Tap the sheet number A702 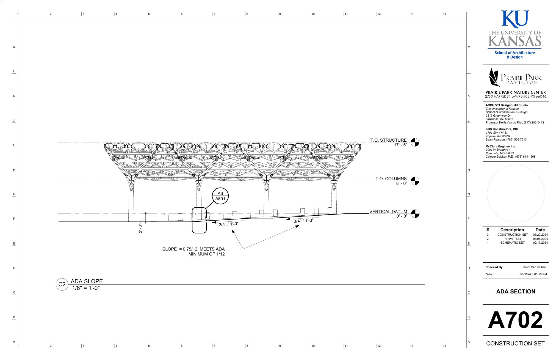tap(515, 320)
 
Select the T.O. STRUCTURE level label tap(388, 140)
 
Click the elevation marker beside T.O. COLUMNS tap(415, 181)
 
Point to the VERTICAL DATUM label tap(388, 212)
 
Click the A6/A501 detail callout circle tap(220, 196)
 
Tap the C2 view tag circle tap(62, 284)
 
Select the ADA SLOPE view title tap(87, 281)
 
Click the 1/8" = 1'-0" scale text tap(86, 288)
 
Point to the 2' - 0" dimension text tap(140, 228)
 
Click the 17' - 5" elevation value tap(400, 145)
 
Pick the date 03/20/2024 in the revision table tap(540, 235)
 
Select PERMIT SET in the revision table tap(512, 239)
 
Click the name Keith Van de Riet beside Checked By tap(535, 267)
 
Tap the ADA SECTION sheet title tap(516, 292)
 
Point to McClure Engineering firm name tap(500, 146)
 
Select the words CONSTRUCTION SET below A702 tap(515, 343)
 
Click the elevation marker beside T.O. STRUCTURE tap(415, 142)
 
